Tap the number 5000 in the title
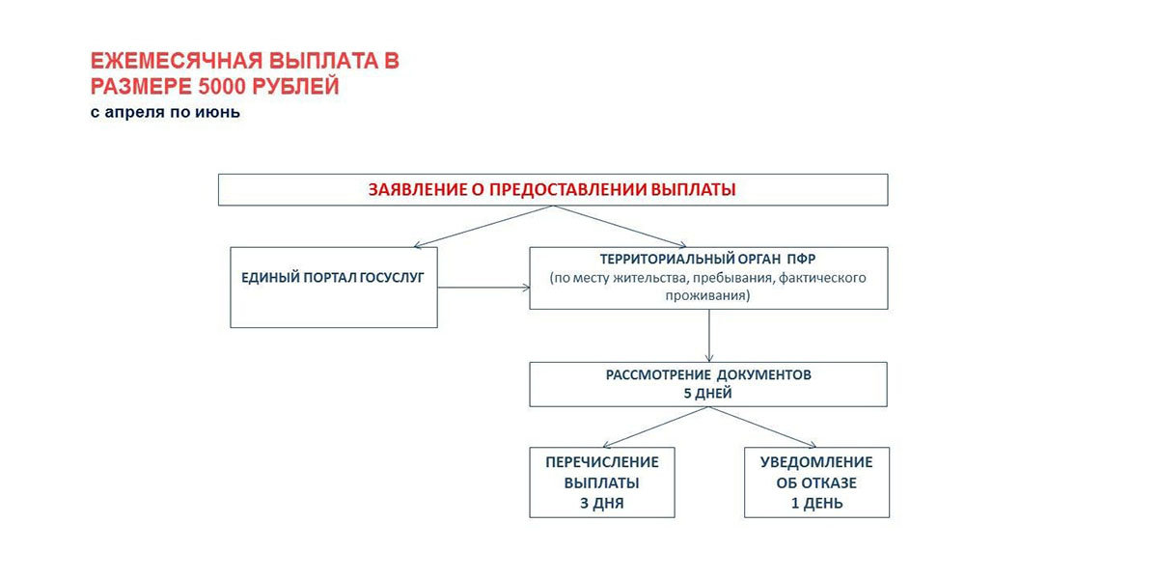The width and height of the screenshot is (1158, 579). coord(221,86)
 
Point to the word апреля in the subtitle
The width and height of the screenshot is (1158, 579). coord(135,112)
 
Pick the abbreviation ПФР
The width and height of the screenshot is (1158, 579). coord(802,259)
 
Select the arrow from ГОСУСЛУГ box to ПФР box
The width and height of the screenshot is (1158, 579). coord(483,288)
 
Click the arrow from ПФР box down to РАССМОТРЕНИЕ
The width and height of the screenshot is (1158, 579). coord(709,336)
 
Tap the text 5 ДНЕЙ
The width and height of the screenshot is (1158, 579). coord(707,394)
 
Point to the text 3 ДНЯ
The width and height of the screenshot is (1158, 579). coord(602,503)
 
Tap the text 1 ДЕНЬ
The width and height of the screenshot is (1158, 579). coord(816,503)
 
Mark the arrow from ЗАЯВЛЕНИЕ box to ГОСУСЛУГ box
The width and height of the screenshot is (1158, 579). coord(483,227)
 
